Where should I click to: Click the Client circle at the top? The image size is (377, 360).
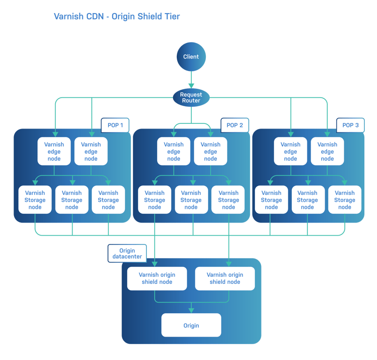(x=191, y=57)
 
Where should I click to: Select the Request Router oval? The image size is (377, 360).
(x=191, y=98)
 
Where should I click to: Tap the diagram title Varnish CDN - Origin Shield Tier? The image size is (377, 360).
(x=116, y=17)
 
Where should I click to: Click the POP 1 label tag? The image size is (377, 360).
(x=115, y=125)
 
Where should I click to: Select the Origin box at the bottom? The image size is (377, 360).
(x=191, y=325)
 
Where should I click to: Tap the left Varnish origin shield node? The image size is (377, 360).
(x=157, y=279)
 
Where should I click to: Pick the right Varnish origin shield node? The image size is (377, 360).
(x=225, y=279)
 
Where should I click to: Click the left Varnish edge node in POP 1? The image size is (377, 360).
(x=54, y=151)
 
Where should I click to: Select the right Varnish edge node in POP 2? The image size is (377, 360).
(x=210, y=151)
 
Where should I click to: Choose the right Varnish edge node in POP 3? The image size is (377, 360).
(x=327, y=151)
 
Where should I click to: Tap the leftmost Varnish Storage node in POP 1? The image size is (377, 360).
(x=35, y=200)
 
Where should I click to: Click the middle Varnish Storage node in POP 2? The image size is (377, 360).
(x=191, y=200)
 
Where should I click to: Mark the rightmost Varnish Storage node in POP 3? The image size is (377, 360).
(x=345, y=200)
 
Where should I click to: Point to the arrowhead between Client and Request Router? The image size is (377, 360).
(x=191, y=85)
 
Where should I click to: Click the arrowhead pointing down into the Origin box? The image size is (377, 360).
(x=191, y=310)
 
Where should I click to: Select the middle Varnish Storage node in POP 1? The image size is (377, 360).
(x=72, y=200)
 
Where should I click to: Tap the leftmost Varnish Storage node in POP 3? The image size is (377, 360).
(x=271, y=200)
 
